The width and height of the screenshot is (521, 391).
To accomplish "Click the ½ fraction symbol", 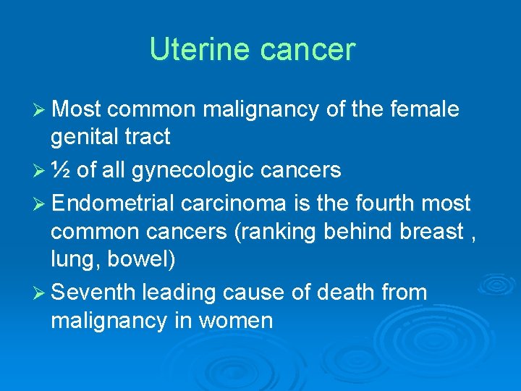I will (61, 169).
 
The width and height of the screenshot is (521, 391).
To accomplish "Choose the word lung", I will (70, 259).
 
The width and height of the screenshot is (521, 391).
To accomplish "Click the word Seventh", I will (93, 293).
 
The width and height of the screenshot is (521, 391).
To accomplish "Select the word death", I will (342, 293).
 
